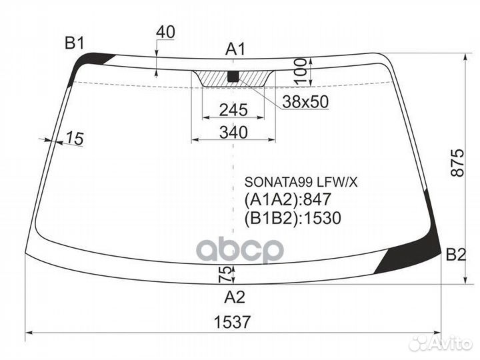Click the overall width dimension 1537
pos(232,322)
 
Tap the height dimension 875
pos(457,163)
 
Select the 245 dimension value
pos(233,110)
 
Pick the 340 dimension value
pos(233,132)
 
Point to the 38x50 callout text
pos(305,102)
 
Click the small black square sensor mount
pos(233,76)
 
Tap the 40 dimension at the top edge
pos(165,32)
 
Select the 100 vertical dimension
pos(300,71)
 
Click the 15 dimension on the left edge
pos(75,138)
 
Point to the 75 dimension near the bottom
pos(225,274)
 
